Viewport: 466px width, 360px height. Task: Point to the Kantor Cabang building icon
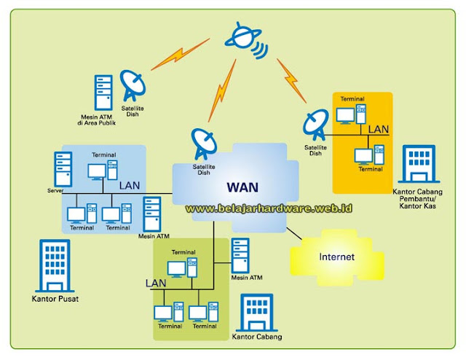pyautogui.click(x=254, y=313)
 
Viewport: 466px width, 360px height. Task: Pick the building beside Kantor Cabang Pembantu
pyautogui.click(x=418, y=163)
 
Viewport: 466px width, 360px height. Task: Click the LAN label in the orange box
pyautogui.click(x=378, y=129)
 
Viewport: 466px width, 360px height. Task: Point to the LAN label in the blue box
pyautogui.click(x=129, y=185)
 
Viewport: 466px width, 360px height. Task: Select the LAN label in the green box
pyautogui.click(x=156, y=282)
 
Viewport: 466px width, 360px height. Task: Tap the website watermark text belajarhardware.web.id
pyautogui.click(x=269, y=208)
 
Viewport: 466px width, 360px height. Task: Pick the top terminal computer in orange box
pyautogui.click(x=350, y=115)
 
